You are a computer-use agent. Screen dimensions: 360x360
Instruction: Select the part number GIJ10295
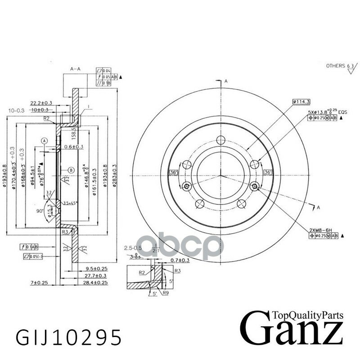(68, 336)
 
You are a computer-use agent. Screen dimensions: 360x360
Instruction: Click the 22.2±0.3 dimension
(41, 103)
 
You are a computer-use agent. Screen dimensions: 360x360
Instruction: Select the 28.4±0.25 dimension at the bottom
(95, 282)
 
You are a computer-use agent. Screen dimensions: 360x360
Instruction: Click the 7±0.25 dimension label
(39, 282)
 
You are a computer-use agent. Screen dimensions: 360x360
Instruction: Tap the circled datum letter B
(71, 170)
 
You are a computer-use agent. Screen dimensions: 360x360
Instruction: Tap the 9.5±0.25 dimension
(95, 269)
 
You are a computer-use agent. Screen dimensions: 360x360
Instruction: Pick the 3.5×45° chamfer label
(71, 202)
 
